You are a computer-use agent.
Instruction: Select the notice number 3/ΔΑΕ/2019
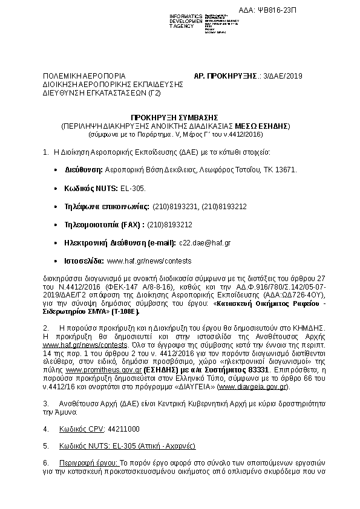(x=281, y=76)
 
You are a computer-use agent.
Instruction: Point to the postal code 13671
(x=286, y=170)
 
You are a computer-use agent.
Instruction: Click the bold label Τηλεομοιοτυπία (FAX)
(x=104, y=224)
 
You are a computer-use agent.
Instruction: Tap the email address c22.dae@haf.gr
(x=204, y=242)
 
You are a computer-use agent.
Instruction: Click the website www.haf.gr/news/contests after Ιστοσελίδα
(x=149, y=261)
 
